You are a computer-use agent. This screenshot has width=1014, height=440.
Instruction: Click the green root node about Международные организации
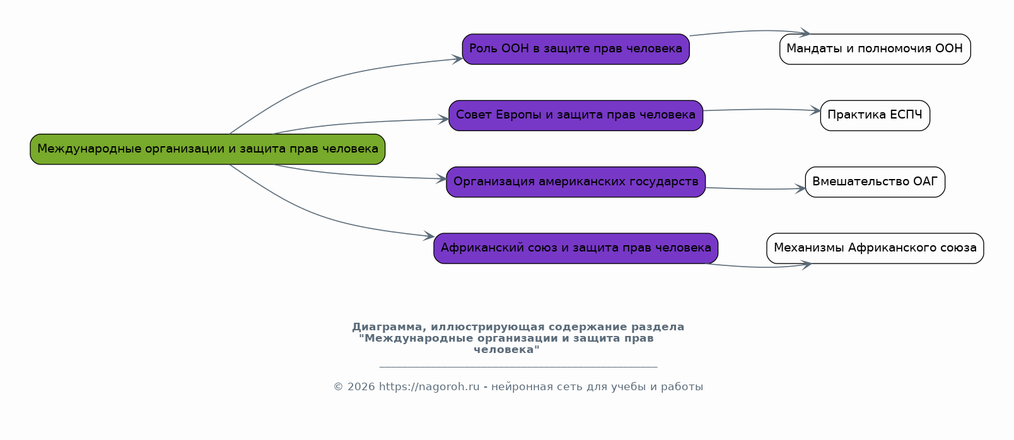coord(207,149)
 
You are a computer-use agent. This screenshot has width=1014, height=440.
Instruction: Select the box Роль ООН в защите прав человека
coord(576,49)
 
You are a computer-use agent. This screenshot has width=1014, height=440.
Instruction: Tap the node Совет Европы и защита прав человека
coord(576,115)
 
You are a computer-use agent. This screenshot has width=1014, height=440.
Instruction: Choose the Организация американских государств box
coord(576,182)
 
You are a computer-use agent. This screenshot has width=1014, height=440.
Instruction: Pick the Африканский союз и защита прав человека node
coord(576,248)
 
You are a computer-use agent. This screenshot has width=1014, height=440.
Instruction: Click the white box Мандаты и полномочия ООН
coord(875,49)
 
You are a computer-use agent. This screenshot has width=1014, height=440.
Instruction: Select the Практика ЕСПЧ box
coord(875,115)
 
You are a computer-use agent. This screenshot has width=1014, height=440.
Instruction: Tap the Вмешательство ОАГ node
coord(875,182)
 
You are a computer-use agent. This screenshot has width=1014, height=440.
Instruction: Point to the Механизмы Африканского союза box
coord(875,248)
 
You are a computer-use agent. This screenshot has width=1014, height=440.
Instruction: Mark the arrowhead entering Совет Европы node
coord(444,119)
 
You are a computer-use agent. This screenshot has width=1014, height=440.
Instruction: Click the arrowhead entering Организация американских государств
coord(441,179)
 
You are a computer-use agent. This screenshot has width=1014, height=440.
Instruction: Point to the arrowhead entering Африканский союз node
coord(429,236)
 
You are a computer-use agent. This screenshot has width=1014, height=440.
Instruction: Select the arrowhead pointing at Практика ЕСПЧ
coord(815,111)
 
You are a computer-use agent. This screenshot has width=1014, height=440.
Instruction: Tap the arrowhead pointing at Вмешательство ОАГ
coord(800,188)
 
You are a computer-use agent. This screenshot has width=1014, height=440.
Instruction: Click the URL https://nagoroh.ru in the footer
coord(429,387)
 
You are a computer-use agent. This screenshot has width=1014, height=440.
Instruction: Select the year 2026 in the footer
coord(361,387)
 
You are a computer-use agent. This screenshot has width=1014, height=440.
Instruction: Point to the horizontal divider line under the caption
coord(518,366)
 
